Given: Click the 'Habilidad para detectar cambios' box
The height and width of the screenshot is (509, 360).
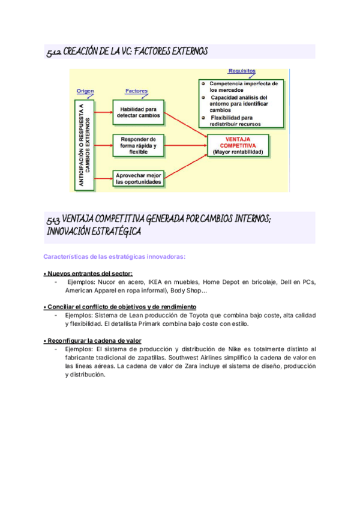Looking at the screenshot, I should coord(139,112).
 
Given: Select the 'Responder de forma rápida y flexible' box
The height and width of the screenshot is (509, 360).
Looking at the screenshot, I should coord(139,145).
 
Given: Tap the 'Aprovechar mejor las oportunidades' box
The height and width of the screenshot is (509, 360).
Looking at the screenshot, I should coord(139,178).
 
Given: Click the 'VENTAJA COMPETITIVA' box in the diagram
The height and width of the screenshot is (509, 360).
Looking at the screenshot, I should coord(238,146).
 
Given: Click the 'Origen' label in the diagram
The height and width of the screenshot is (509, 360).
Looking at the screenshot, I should coord(86,91).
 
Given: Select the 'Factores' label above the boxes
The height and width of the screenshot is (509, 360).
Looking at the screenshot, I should coord(137,91).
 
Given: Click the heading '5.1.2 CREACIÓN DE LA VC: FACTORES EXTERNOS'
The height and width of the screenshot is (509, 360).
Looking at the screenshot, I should coord(127,53).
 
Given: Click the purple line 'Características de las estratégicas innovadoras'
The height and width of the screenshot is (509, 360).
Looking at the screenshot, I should coord(115,257).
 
